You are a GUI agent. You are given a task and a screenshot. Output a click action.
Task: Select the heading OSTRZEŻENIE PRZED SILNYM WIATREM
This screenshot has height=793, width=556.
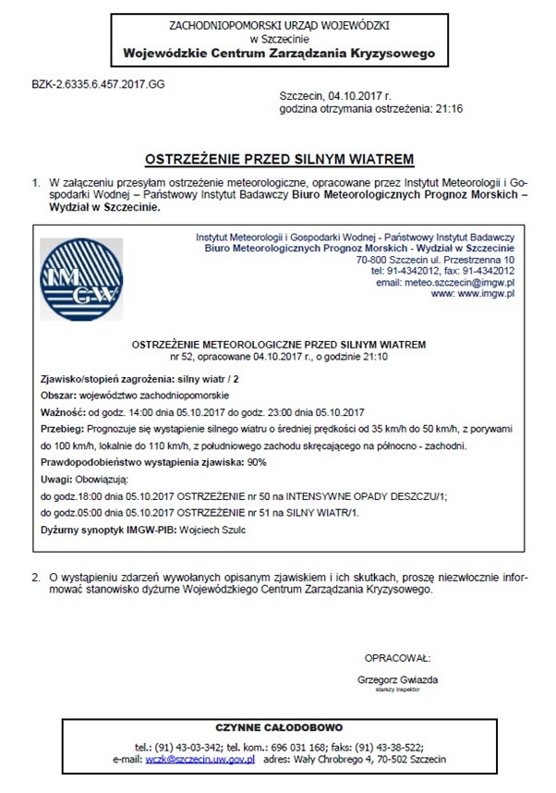pos(278,158)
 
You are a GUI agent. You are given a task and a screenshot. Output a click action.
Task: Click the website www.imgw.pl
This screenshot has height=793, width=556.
pos(487,293)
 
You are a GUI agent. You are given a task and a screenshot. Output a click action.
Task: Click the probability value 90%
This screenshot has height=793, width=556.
pos(263,462)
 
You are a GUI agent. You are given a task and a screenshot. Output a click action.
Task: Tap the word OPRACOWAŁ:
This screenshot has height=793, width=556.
pos(397,658)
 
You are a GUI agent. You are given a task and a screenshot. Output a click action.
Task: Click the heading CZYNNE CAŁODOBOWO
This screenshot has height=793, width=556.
pos(279,727)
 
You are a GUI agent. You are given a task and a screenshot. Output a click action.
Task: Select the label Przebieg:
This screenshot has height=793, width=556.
pos(61,429)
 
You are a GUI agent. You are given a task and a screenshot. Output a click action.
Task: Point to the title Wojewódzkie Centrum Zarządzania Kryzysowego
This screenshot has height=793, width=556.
pos(278,55)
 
